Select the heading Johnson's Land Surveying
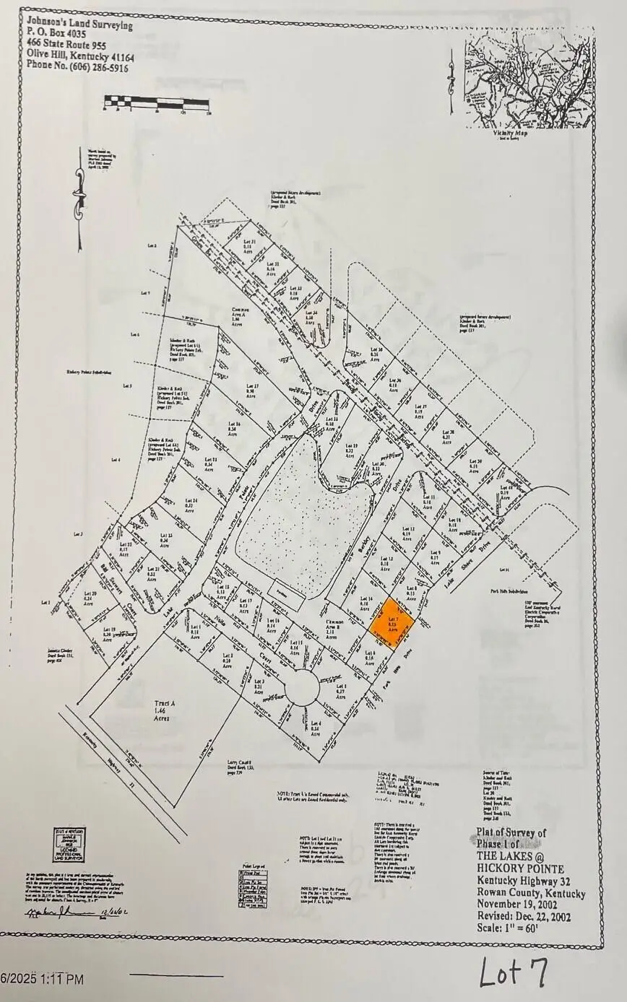coord(79,25)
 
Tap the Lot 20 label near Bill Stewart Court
coord(90,596)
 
